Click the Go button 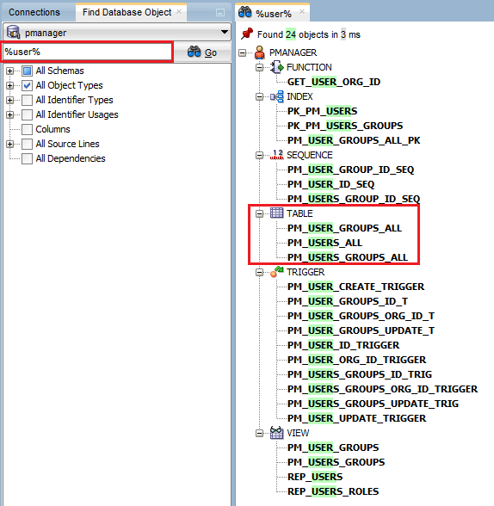202,52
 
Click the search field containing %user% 86,52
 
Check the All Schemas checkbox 28,71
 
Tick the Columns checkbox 28,129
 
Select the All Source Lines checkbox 28,144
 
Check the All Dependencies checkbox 28,158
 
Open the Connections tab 34,12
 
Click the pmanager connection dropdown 116,33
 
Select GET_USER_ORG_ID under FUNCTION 333,82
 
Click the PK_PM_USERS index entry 322,111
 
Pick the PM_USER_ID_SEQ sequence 330,184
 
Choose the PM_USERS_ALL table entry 324,243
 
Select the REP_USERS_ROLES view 332,491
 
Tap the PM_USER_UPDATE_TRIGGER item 356,418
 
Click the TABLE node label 300,213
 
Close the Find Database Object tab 179,12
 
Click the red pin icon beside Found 247,34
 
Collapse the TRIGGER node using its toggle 260,272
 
